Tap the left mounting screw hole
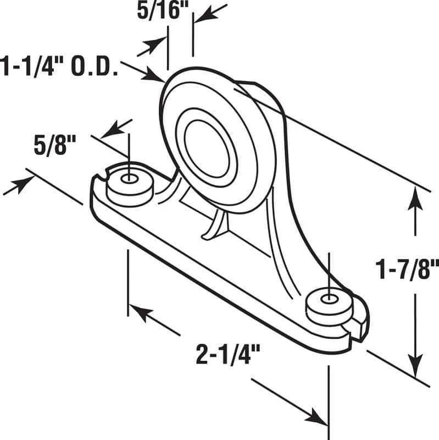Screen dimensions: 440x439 coord(130,179)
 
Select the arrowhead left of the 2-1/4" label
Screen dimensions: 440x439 coord(137,312)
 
